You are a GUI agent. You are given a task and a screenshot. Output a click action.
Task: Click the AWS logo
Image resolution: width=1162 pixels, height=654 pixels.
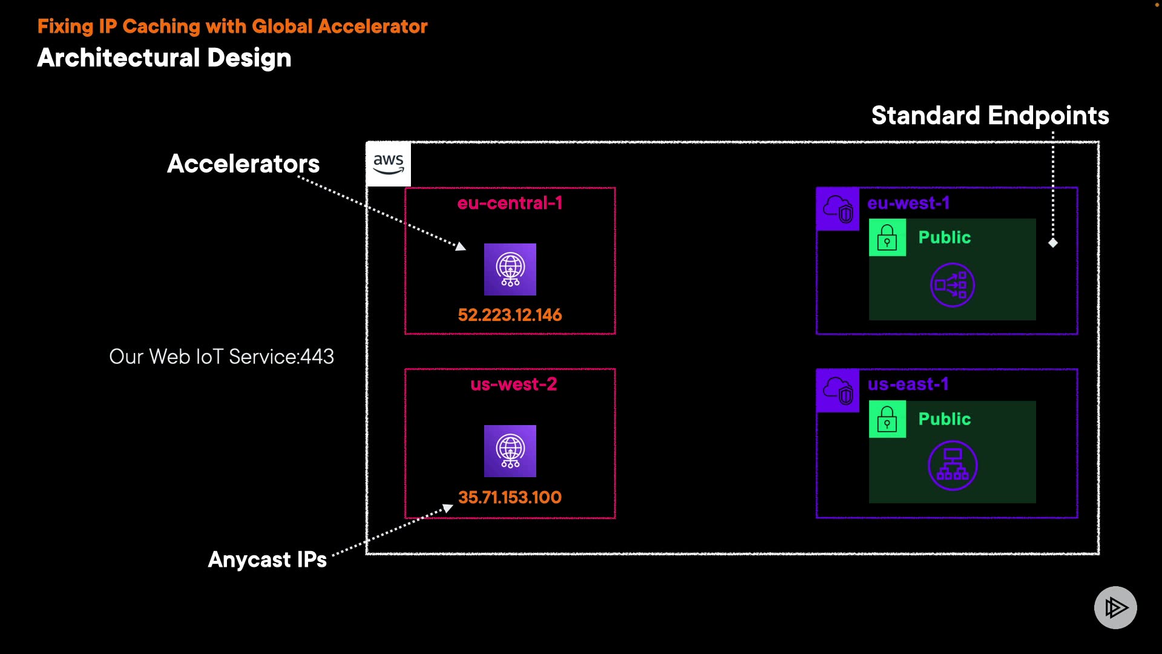pyautogui.click(x=388, y=163)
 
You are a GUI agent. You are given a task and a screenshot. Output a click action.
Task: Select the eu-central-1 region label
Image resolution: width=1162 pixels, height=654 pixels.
pyautogui.click(x=510, y=203)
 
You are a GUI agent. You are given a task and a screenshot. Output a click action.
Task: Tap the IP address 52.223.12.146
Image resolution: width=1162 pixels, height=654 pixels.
pyautogui.click(x=510, y=315)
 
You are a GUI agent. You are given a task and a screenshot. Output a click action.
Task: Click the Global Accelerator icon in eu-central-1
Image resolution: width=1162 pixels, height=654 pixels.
pyautogui.click(x=510, y=269)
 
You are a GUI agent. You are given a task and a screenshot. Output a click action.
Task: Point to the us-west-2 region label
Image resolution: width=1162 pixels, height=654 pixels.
pyautogui.click(x=513, y=384)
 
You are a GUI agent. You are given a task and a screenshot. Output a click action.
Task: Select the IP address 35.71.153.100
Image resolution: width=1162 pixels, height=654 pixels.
pyautogui.click(x=510, y=497)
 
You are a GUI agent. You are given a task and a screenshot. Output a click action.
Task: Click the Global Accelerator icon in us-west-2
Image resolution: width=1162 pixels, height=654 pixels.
pyautogui.click(x=510, y=451)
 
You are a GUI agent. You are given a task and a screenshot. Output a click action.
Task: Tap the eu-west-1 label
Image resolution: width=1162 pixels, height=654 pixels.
pyautogui.click(x=908, y=203)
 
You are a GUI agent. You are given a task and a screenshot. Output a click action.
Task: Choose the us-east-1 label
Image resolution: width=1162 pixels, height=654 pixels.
pyautogui.click(x=908, y=384)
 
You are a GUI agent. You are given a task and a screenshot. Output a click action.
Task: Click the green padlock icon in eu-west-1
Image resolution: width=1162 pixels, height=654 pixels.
pyautogui.click(x=887, y=237)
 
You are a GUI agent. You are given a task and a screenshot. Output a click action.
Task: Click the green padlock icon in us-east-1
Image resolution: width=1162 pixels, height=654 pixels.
pyautogui.click(x=887, y=419)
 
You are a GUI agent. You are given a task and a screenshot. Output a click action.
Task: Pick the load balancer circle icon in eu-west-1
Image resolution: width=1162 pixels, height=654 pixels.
pyautogui.click(x=952, y=285)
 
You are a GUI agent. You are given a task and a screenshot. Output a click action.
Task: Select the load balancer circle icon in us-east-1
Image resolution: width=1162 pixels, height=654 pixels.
pyautogui.click(x=953, y=465)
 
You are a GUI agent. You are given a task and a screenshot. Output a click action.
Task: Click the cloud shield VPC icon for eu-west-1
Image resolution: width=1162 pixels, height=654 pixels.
pyautogui.click(x=838, y=209)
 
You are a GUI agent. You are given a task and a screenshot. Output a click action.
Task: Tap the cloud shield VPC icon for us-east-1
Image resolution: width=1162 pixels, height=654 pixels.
pyautogui.click(x=838, y=391)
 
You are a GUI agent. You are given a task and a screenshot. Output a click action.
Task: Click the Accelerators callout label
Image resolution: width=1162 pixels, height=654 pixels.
pyautogui.click(x=243, y=163)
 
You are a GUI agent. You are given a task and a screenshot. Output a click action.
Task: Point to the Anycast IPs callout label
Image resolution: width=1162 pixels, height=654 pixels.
pyautogui.click(x=267, y=560)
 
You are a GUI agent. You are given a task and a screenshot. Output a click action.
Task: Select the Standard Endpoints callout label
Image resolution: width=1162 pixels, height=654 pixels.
pyautogui.click(x=990, y=115)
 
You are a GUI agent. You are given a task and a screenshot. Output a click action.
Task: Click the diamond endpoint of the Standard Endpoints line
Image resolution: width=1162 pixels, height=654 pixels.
pyautogui.click(x=1053, y=243)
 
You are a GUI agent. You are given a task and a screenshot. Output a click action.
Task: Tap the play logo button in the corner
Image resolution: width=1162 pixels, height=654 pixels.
pyautogui.click(x=1115, y=607)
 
